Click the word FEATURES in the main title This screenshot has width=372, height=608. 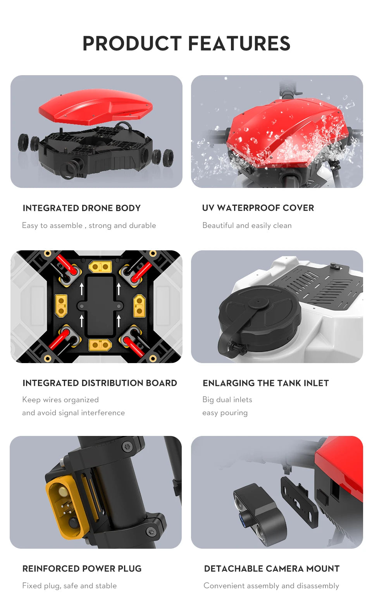[x=239, y=43]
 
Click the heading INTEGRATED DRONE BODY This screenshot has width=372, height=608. [x=81, y=208]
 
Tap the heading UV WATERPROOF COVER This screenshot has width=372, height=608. [x=258, y=208]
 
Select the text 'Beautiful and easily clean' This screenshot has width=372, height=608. [x=247, y=226]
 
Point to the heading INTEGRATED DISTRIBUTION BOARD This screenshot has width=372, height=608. [x=100, y=383]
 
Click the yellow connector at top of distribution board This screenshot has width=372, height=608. [x=100, y=267]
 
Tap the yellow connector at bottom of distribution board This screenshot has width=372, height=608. [x=100, y=344]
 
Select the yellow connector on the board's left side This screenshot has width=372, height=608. [x=61, y=305]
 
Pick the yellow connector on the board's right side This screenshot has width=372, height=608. [x=139, y=305]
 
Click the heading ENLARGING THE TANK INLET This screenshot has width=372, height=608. [x=265, y=383]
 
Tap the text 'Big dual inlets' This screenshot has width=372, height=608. [x=227, y=400]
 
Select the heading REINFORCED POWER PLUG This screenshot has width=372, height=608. [x=82, y=569]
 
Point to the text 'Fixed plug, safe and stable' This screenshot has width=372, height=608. [x=69, y=586]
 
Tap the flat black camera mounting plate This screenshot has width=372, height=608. [x=298, y=502]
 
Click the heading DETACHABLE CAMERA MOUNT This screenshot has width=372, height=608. [x=272, y=569]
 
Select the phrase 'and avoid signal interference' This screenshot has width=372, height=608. [x=73, y=413]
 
